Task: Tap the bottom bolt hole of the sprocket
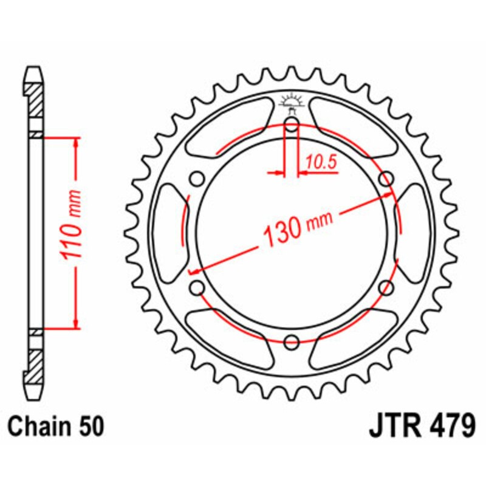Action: click(292, 341)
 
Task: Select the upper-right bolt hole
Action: click(385, 179)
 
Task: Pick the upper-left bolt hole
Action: click(197, 179)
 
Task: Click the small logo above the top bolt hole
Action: click(292, 103)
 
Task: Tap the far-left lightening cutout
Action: click(168, 234)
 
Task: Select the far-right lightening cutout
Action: click(415, 234)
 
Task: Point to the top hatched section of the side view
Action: click(35, 97)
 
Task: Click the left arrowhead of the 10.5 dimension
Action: click(280, 174)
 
